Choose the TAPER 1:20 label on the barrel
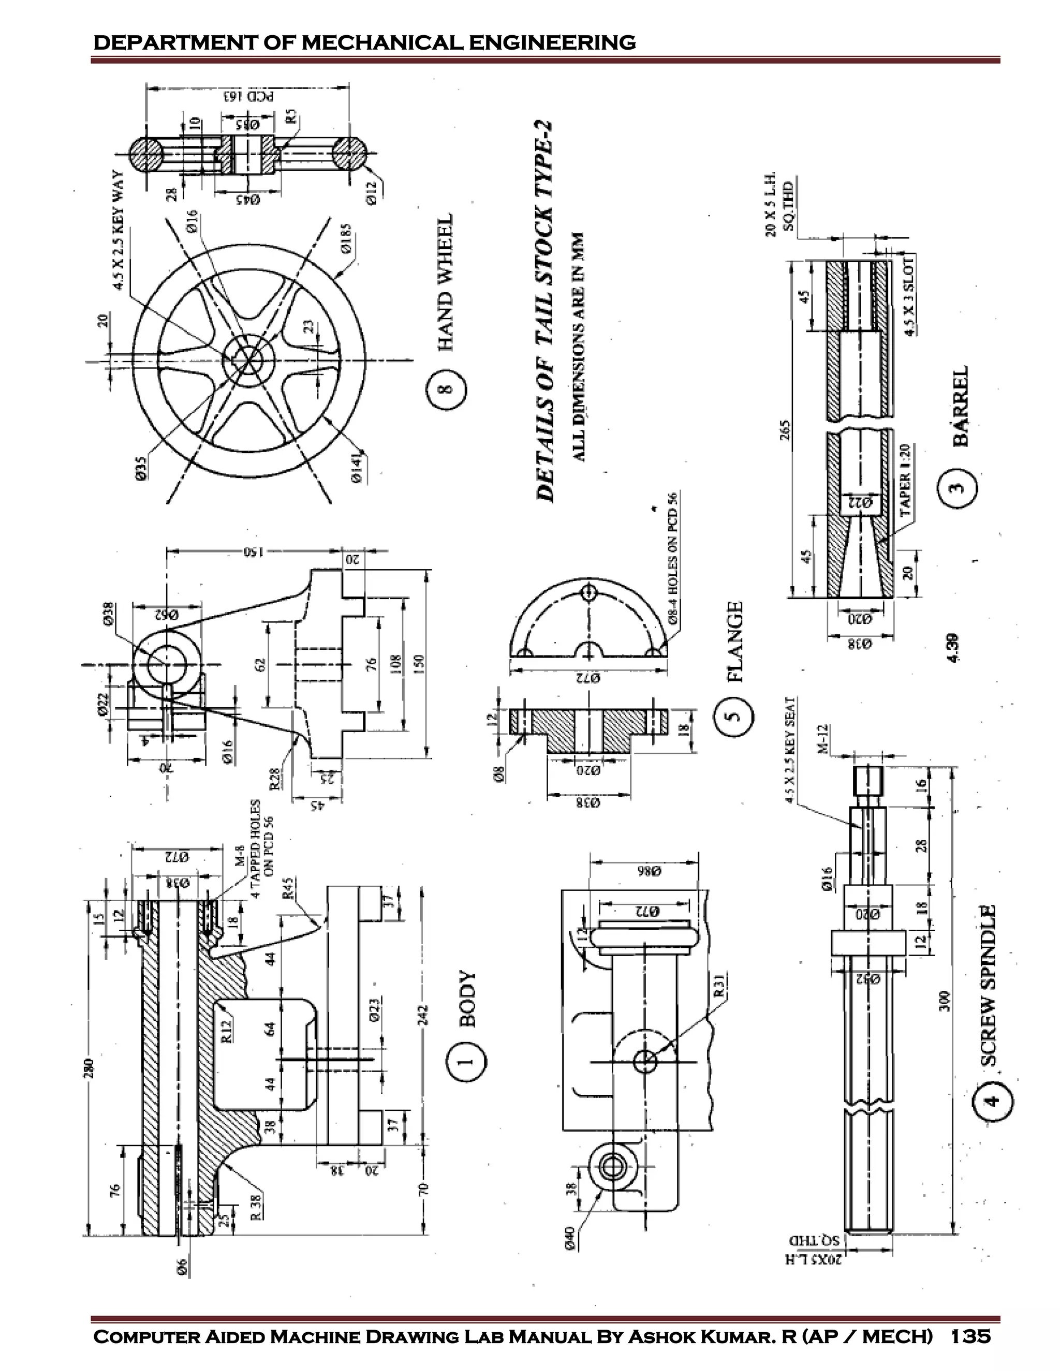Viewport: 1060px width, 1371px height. click(x=905, y=480)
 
